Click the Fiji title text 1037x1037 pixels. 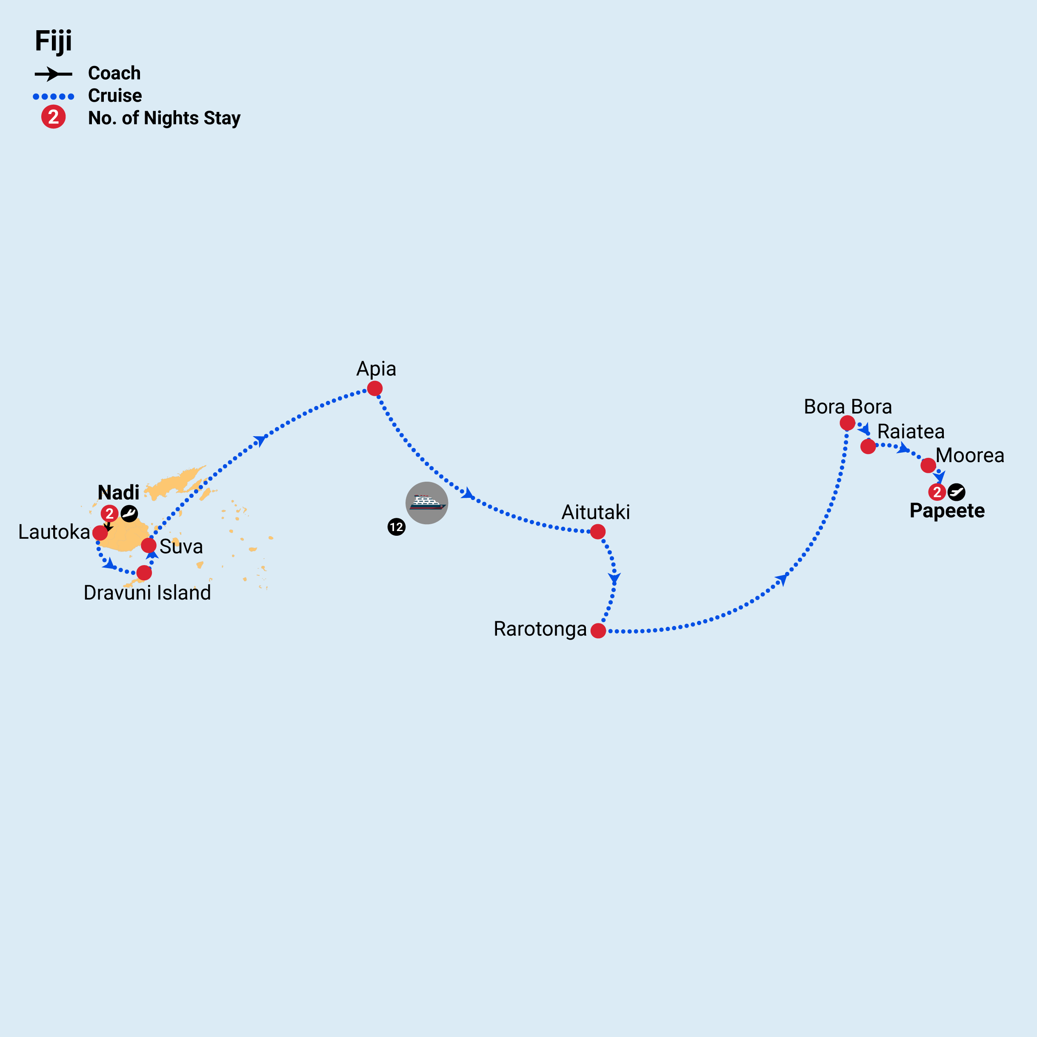click(53, 41)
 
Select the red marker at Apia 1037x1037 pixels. click(374, 388)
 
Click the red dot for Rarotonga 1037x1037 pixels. click(598, 631)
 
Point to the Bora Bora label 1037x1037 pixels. click(848, 406)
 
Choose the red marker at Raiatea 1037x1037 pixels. click(868, 446)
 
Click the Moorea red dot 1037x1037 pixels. click(928, 466)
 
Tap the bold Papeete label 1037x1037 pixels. click(947, 511)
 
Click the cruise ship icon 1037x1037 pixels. click(427, 503)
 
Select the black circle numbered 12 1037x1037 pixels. click(396, 527)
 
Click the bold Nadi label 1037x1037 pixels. click(119, 492)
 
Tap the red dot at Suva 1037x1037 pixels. click(149, 546)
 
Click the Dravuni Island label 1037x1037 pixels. click(147, 593)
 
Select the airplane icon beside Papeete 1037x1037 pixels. click(957, 491)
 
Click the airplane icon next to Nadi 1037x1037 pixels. click(129, 513)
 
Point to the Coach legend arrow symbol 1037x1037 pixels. click(53, 74)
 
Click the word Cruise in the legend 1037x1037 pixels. click(115, 96)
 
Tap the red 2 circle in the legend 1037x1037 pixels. click(54, 117)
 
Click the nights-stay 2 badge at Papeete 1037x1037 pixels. click(937, 491)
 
